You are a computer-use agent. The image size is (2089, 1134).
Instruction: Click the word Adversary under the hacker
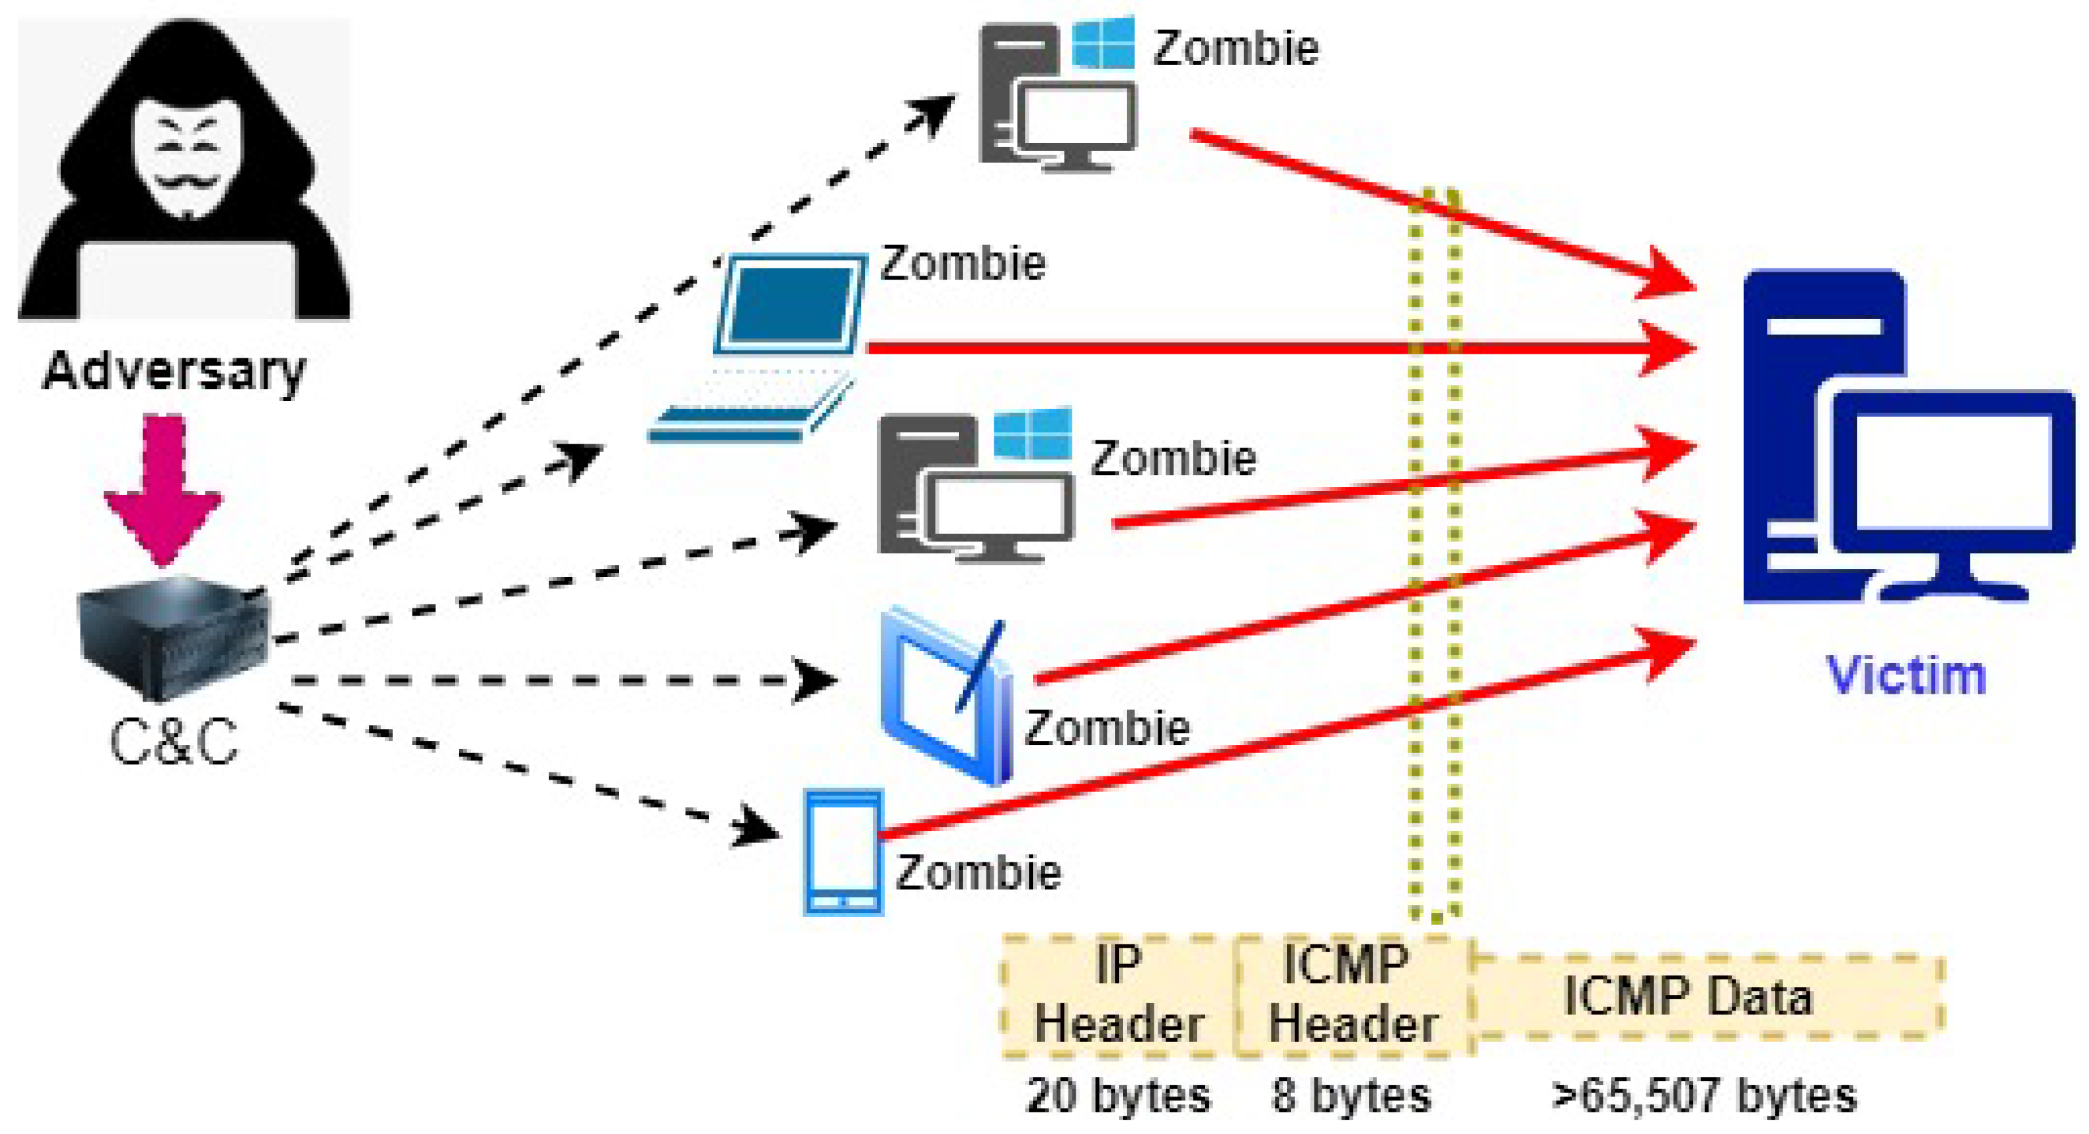point(174,371)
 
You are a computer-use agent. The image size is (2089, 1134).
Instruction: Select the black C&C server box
point(172,637)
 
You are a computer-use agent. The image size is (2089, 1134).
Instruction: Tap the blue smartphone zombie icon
point(843,852)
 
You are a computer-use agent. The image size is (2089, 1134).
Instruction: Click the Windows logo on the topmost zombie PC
point(1103,42)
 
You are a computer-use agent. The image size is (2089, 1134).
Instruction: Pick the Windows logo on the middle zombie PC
point(1032,433)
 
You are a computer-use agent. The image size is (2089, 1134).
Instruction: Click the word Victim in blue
point(1906,675)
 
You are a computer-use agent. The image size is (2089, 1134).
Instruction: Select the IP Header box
point(1118,996)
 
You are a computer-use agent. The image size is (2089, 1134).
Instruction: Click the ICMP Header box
point(1352,996)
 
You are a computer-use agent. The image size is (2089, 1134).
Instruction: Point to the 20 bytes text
point(1118,1096)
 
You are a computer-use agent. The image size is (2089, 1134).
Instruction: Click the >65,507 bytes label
point(1703,1096)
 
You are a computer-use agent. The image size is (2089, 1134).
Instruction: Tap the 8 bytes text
point(1351,1096)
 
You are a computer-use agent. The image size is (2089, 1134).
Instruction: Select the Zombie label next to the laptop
point(963,264)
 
